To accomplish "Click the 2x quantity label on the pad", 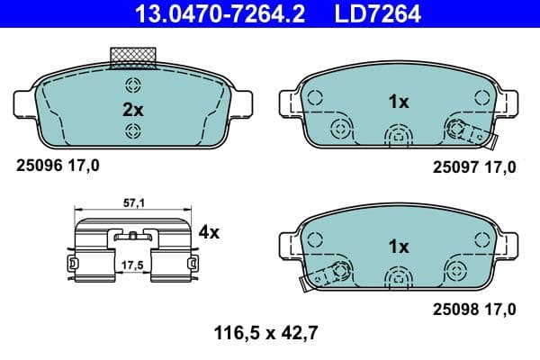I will click(133, 109).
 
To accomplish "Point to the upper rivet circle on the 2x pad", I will click(133, 86).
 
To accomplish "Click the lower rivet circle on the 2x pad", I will click(133, 132).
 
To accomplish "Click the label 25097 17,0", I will click(474, 166).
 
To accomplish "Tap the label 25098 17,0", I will click(474, 309).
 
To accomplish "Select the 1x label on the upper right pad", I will click(399, 103).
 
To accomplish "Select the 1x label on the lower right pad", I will click(399, 246).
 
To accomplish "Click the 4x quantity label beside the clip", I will click(209, 232).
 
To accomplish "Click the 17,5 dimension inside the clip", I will click(132, 266).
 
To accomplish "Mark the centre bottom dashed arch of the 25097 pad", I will click(398, 135).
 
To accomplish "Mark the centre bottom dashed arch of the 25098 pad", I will click(398, 278).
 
